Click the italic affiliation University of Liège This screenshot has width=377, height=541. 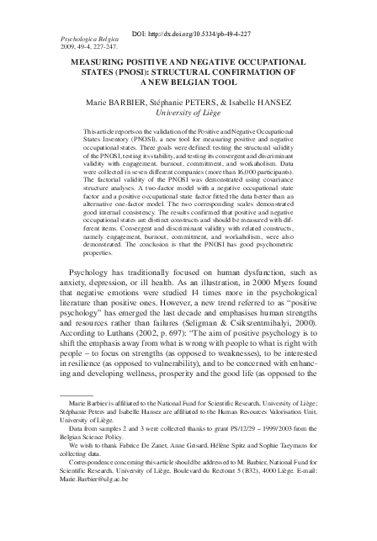(x=188, y=112)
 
